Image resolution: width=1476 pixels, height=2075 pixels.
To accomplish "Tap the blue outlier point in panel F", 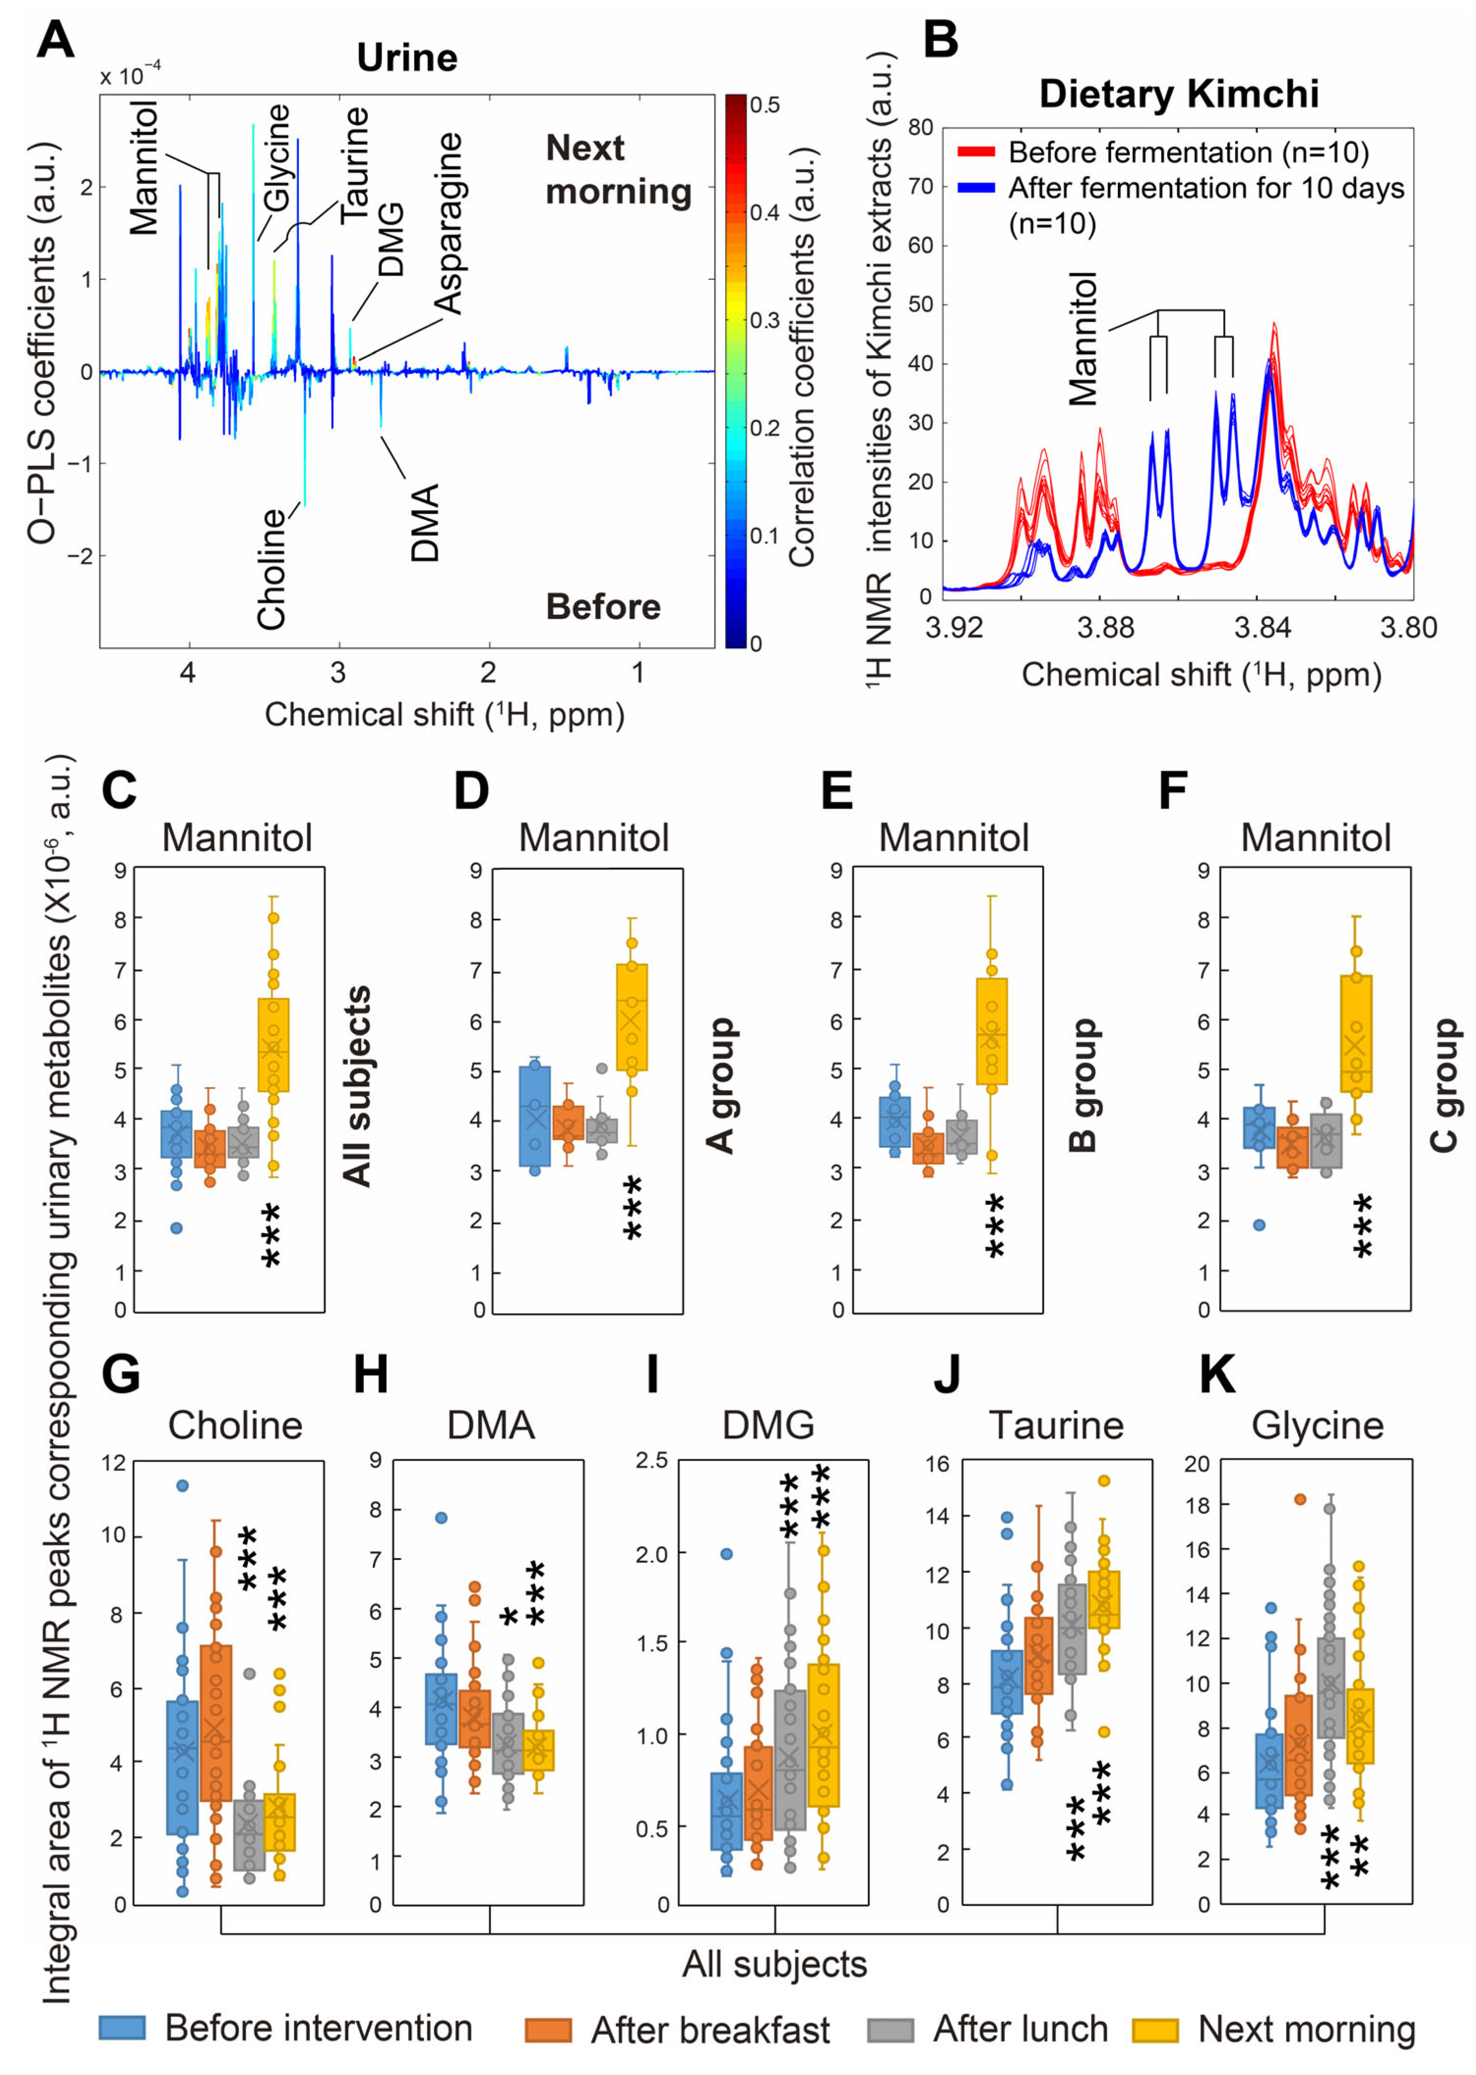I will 1259,1224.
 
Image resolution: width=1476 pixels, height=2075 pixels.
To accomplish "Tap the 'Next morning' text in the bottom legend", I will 1306,2029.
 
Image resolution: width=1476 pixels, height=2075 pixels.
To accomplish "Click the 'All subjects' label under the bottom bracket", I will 774,1964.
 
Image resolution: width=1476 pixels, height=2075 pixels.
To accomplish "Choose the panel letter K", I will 1217,1375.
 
